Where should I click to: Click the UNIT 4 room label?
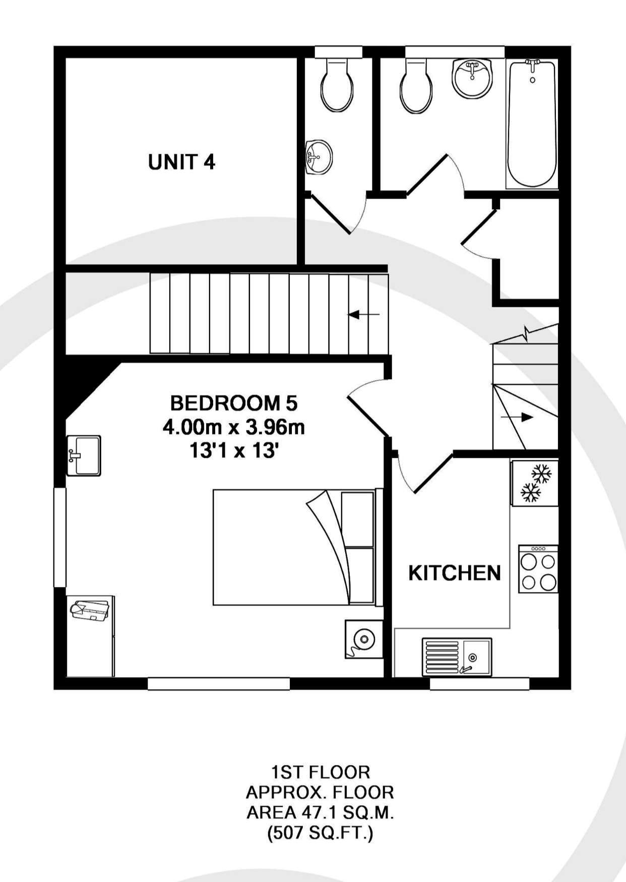(181, 162)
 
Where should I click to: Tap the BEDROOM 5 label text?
(234, 403)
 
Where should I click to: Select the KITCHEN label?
(454, 573)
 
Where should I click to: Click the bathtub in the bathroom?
(532, 124)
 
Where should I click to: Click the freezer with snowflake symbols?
(535, 483)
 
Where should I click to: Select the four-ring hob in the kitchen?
(538, 569)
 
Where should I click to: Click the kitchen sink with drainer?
(457, 657)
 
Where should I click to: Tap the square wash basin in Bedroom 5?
(84, 456)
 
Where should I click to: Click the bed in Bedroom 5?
(298, 547)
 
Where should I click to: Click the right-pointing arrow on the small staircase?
(517, 418)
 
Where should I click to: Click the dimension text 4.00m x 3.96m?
(234, 427)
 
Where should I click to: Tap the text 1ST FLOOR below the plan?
(321, 772)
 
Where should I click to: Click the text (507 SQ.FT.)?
(321, 833)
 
